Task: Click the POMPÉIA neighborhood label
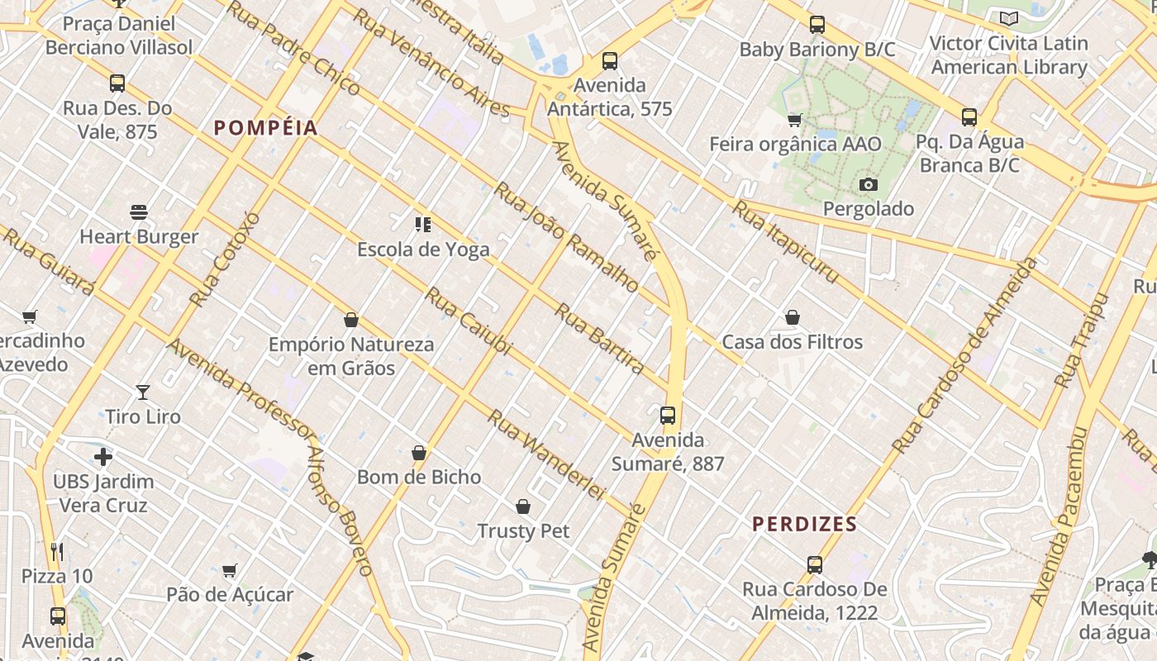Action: (x=265, y=127)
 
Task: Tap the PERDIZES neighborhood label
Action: (x=804, y=524)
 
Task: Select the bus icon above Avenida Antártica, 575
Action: (x=610, y=60)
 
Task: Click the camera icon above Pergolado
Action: (x=868, y=184)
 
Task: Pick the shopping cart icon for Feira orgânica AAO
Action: (x=795, y=121)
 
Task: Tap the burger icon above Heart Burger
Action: (x=139, y=212)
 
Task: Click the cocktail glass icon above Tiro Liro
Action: (x=143, y=392)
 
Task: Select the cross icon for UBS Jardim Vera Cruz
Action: (x=103, y=457)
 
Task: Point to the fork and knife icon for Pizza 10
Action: (x=57, y=551)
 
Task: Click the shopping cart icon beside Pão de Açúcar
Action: (x=230, y=570)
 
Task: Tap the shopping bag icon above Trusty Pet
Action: (x=522, y=506)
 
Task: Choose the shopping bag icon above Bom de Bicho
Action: (x=419, y=453)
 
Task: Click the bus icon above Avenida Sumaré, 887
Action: (x=668, y=416)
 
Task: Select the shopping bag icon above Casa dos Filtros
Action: (x=792, y=317)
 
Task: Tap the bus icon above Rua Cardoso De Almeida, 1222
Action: (x=815, y=565)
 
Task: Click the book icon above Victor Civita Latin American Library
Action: (x=1008, y=18)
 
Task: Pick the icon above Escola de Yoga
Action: (x=423, y=225)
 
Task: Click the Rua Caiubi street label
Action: (x=468, y=322)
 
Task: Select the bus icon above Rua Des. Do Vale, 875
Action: (x=117, y=83)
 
